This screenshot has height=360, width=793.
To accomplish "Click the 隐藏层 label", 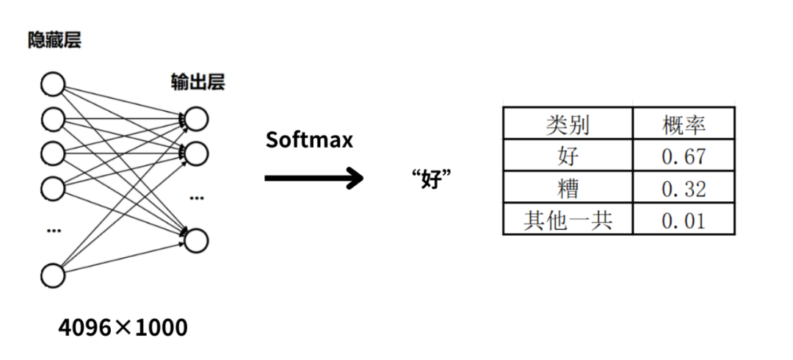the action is [54, 40].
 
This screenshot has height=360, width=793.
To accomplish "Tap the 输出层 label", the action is [198, 82].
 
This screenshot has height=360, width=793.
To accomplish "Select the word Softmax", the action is [309, 140].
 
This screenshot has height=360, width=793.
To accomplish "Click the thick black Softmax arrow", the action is [314, 177].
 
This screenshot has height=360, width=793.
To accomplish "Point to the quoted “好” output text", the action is [431, 179].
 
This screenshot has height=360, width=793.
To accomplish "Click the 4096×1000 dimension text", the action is [123, 327].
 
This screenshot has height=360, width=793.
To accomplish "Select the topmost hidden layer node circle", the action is [53, 84].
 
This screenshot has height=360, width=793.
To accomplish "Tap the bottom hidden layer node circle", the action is [53, 276].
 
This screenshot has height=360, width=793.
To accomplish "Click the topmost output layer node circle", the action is [196, 118].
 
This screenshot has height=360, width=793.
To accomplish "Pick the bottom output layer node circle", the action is [196, 240].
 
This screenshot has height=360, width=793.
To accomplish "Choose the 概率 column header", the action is [684, 124].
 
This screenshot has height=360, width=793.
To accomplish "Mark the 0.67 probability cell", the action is [684, 156].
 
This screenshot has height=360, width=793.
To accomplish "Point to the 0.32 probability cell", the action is [684, 188].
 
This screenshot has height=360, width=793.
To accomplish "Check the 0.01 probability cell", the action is [684, 220].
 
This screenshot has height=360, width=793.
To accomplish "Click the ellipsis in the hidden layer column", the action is [53, 231].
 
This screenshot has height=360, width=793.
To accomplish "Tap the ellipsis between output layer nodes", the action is [197, 198].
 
